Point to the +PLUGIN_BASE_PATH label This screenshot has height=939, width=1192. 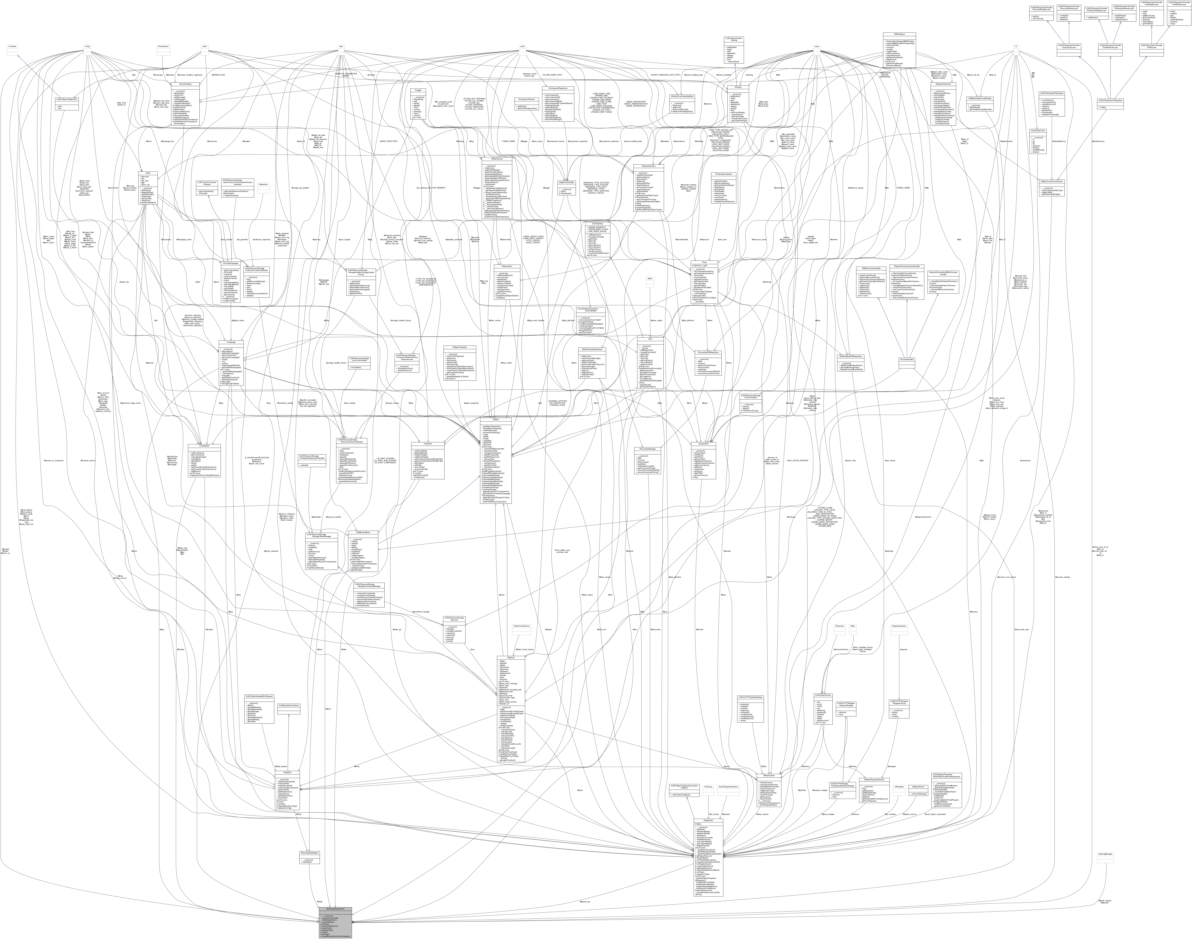coord(552,75)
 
